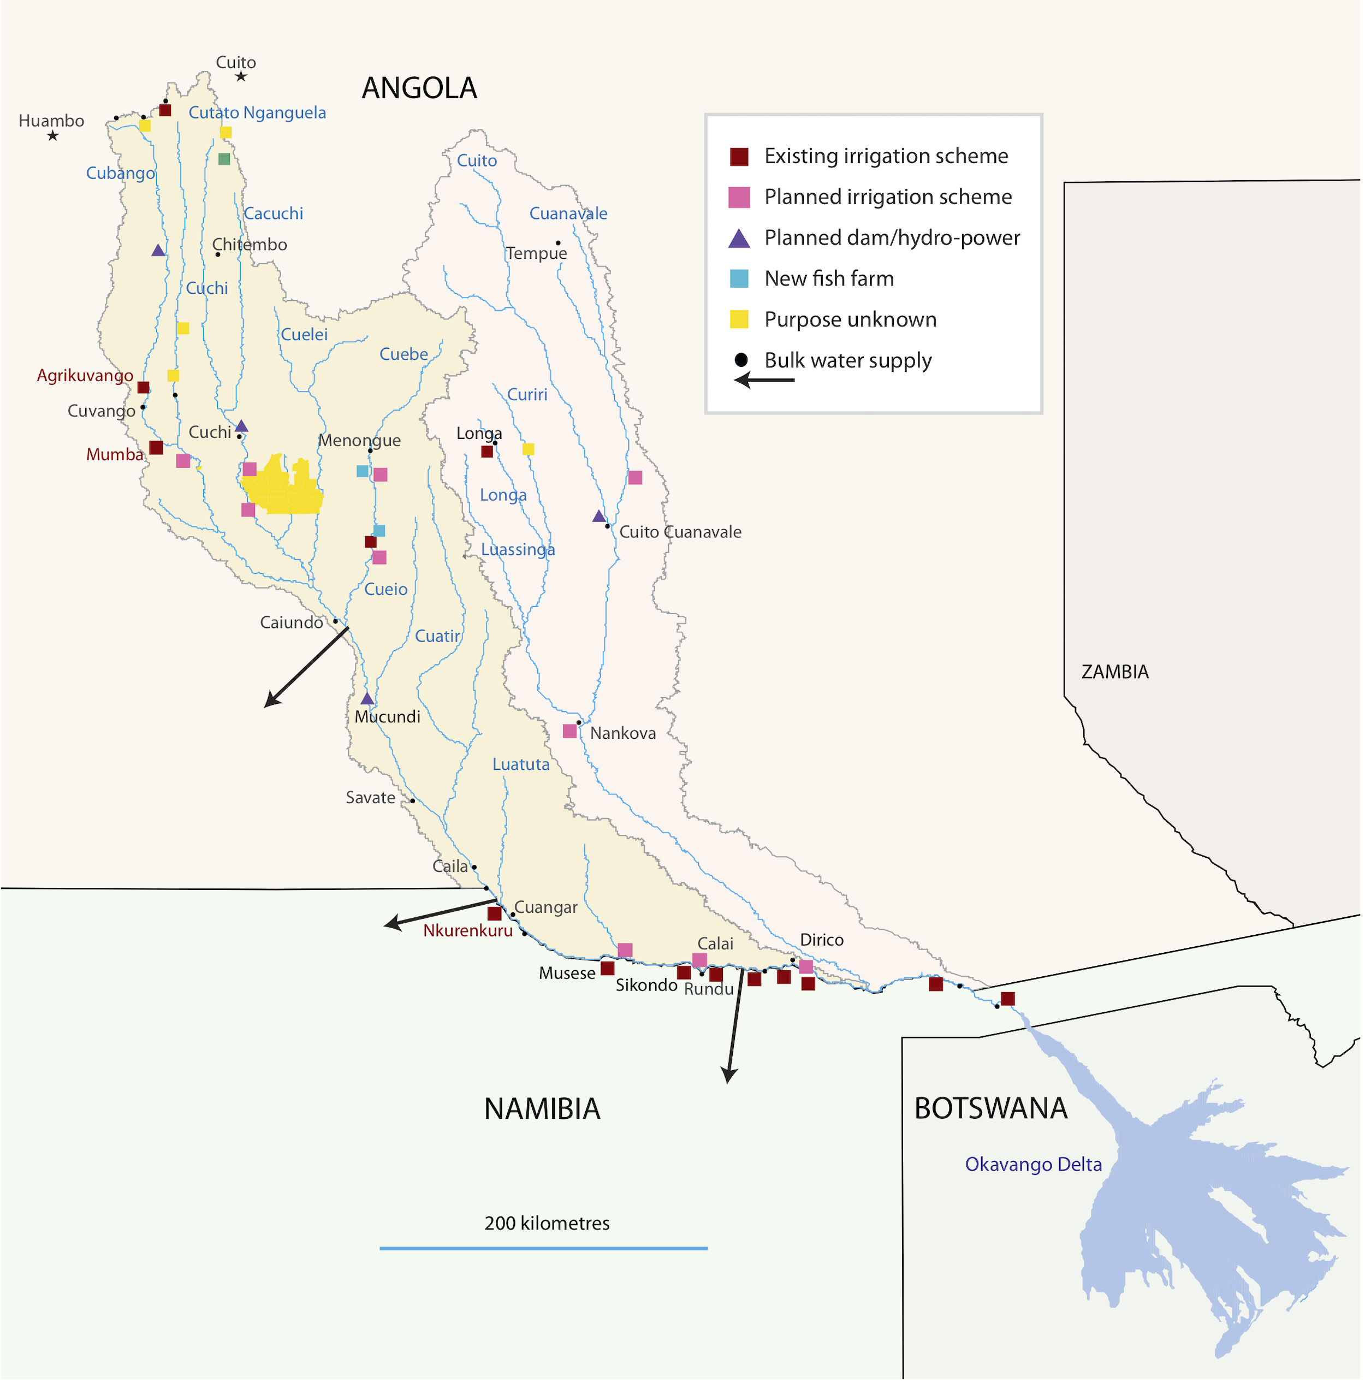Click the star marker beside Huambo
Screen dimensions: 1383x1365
coord(52,136)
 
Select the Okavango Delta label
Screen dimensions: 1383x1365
coord(1033,1165)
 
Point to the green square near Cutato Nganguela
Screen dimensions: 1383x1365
coord(224,159)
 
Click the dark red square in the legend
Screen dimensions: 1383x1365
coord(739,157)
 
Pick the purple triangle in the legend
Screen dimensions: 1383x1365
coord(739,239)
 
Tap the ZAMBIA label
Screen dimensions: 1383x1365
coord(1114,672)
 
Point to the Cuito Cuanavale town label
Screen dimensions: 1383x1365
coord(680,532)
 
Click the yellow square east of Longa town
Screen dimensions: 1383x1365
coord(528,449)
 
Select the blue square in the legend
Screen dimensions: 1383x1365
coord(739,279)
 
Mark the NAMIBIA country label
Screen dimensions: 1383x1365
coord(542,1109)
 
